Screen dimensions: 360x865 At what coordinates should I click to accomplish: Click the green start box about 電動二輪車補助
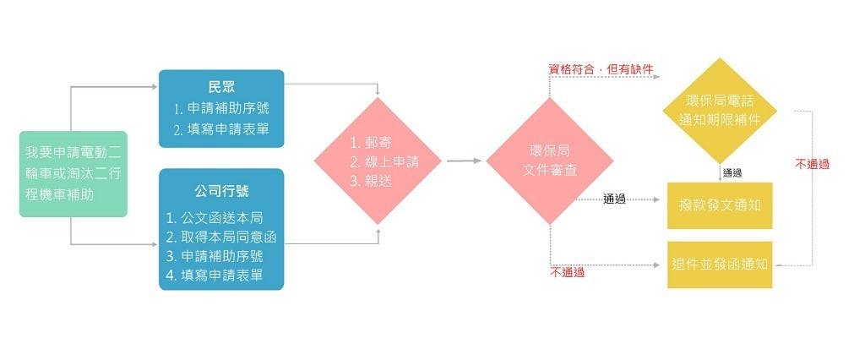tap(73, 174)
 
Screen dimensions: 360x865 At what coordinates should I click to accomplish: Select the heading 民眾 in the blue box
tap(221, 87)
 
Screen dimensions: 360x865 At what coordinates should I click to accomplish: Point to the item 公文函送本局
tap(215, 217)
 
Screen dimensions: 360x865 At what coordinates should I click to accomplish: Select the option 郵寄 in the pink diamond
tap(369, 142)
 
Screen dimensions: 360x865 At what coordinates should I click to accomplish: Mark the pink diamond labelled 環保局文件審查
tap(549, 161)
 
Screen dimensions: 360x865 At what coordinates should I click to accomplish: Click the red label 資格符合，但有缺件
tap(601, 68)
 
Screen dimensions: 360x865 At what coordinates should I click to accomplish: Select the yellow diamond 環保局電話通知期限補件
tap(720, 111)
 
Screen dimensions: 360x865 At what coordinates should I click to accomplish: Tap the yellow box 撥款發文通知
tap(719, 205)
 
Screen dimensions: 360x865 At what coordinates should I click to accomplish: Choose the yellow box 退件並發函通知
tap(719, 264)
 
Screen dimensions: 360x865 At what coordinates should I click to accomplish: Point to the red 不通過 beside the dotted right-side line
tap(812, 164)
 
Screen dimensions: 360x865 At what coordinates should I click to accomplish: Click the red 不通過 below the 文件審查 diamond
tap(567, 273)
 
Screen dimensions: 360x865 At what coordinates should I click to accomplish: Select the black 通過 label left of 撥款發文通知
tap(614, 199)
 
